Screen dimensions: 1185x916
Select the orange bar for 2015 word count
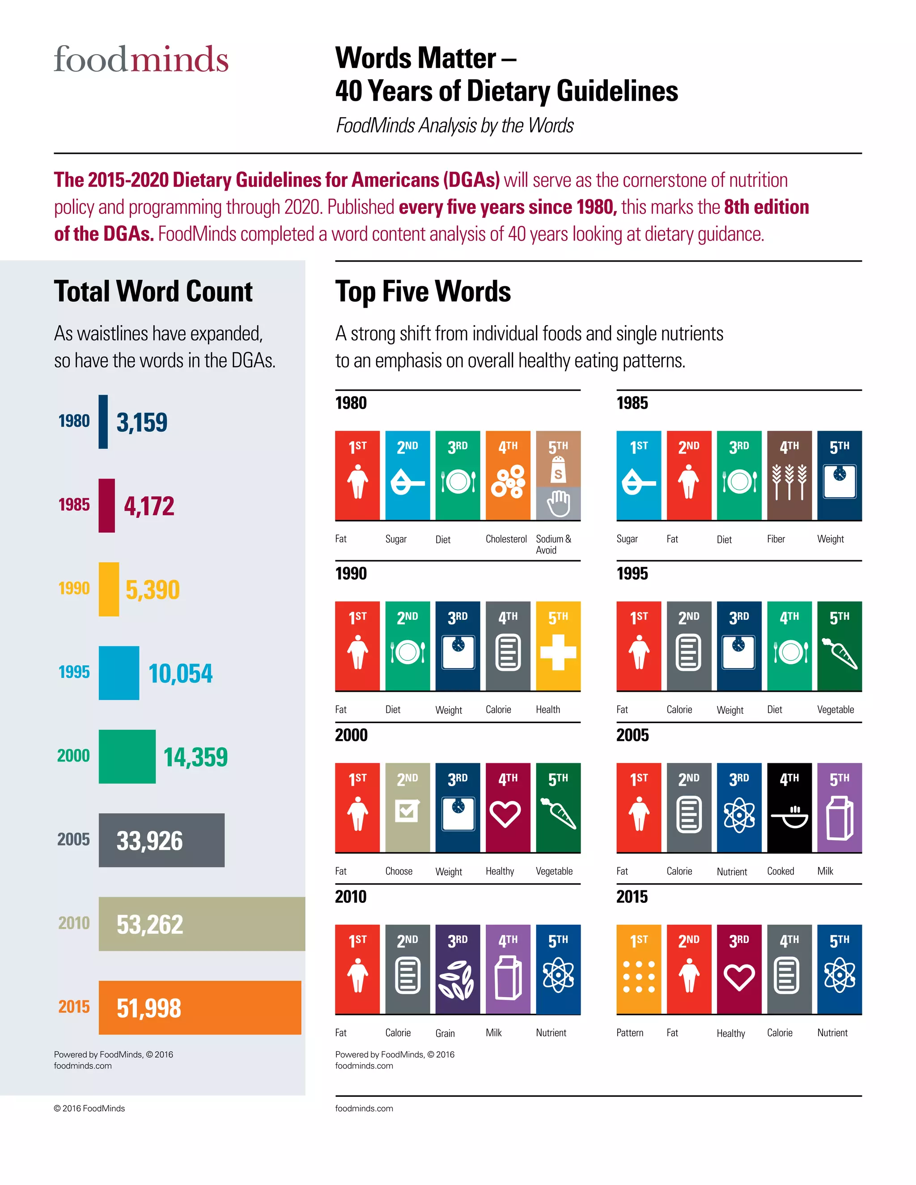point(199,1007)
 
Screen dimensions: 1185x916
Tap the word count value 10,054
point(180,673)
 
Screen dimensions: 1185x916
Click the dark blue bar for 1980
point(103,422)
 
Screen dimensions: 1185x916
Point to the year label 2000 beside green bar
point(73,755)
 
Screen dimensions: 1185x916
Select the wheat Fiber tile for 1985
point(789,476)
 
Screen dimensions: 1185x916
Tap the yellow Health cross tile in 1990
point(558,646)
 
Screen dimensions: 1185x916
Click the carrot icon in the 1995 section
point(840,653)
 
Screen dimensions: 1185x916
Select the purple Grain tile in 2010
point(458,969)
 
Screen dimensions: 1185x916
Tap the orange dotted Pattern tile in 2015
point(639,969)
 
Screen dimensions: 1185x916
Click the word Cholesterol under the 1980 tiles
point(506,539)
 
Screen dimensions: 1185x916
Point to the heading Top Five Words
point(423,292)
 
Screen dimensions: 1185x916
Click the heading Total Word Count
point(153,292)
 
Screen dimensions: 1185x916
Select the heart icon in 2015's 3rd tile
point(739,977)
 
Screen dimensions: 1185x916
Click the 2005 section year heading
point(632,735)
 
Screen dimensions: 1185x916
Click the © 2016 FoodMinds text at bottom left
point(89,1109)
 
